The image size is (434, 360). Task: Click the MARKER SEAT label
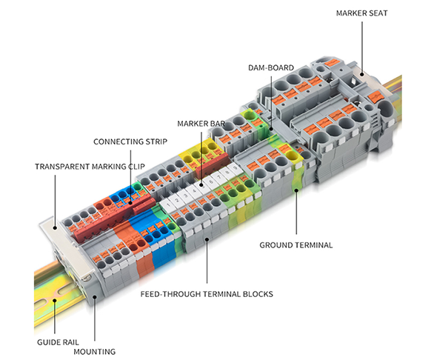(x=361, y=13)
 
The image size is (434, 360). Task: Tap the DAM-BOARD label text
(x=271, y=68)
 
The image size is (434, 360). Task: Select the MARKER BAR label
(x=201, y=124)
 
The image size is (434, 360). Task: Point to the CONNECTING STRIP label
(x=130, y=141)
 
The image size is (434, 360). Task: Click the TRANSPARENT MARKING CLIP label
(x=90, y=167)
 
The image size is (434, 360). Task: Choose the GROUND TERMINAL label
(x=296, y=245)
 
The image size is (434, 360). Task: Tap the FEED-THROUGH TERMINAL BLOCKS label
(x=207, y=294)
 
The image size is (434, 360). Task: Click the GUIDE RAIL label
(x=58, y=342)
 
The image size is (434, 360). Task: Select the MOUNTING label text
(x=94, y=352)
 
